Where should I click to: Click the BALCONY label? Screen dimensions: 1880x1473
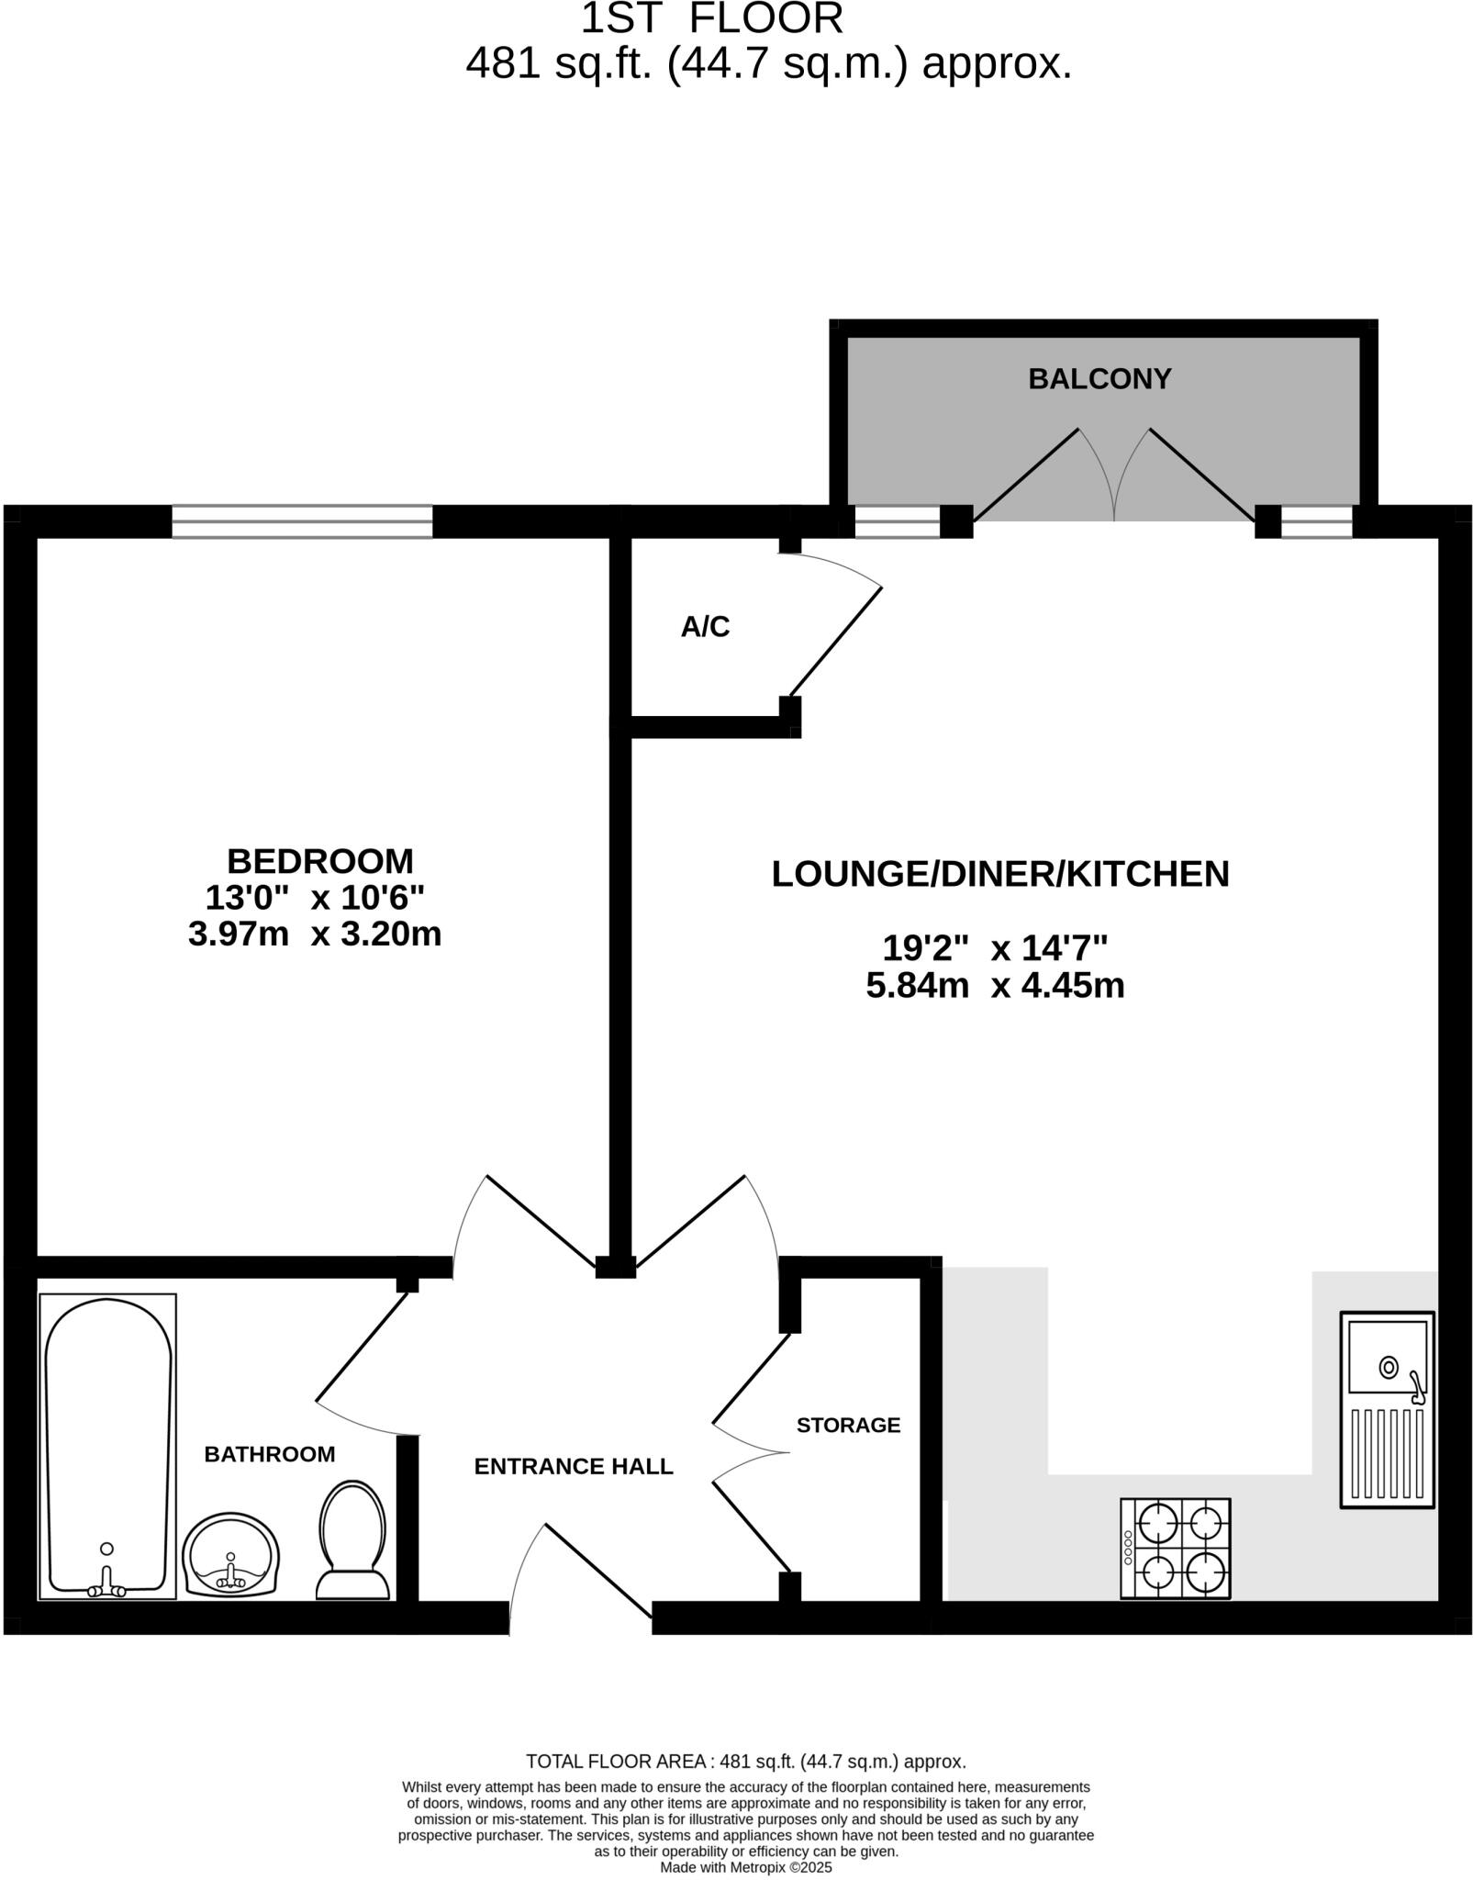[x=1099, y=379]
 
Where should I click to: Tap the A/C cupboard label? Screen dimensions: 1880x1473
[x=705, y=627]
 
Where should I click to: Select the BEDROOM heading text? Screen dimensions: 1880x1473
[x=319, y=861]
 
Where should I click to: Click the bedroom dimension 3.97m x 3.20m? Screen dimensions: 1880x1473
[x=315, y=934]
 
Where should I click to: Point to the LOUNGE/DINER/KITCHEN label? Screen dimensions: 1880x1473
[x=999, y=874]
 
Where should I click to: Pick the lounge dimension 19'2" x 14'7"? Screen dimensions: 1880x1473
[x=995, y=946]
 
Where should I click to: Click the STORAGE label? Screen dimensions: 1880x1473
[x=848, y=1425]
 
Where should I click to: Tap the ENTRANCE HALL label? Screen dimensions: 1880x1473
[x=574, y=1466]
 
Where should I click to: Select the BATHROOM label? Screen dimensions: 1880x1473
[x=269, y=1454]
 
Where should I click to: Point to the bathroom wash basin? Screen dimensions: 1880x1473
[x=230, y=1554]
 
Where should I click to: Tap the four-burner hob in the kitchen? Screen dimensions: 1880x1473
[x=1175, y=1549]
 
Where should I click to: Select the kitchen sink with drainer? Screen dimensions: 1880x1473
[x=1387, y=1409]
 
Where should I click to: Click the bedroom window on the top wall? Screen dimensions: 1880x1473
[x=301, y=521]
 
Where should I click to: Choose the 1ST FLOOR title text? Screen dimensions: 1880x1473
[x=711, y=18]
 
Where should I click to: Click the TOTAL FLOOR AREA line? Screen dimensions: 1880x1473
[x=745, y=1762]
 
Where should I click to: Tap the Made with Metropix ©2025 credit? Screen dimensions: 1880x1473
[x=745, y=1867]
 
